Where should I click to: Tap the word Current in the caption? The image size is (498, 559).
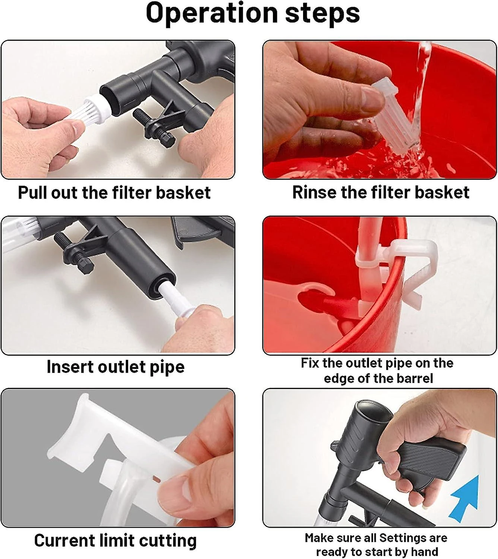(x=64, y=540)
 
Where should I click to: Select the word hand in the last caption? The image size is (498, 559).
(x=425, y=552)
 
